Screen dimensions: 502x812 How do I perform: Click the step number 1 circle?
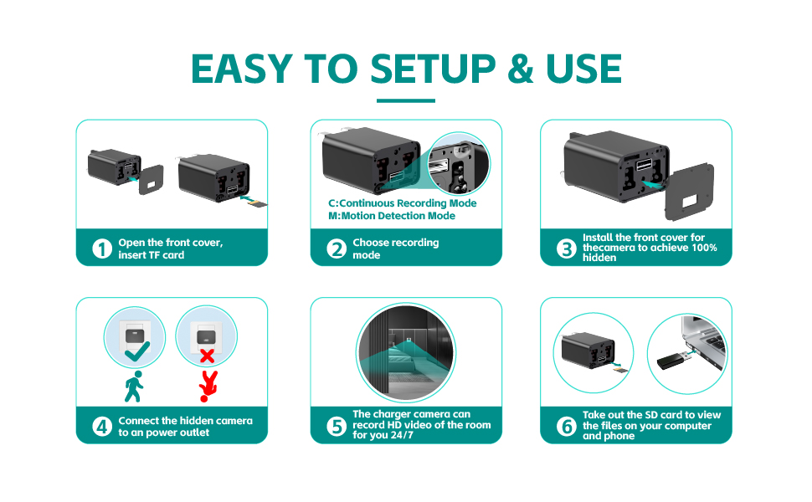102,248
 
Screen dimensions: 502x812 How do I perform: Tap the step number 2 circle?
337,248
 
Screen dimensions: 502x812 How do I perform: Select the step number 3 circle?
567,248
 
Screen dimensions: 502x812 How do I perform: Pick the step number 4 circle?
102,427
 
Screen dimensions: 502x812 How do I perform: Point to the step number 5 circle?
337,427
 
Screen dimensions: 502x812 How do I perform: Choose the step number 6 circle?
567,427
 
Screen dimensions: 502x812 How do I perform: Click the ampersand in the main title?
520,69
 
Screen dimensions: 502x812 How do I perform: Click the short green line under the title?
406,101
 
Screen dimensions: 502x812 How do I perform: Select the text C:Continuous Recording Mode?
403,203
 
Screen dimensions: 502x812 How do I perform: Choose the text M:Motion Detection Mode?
392,216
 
